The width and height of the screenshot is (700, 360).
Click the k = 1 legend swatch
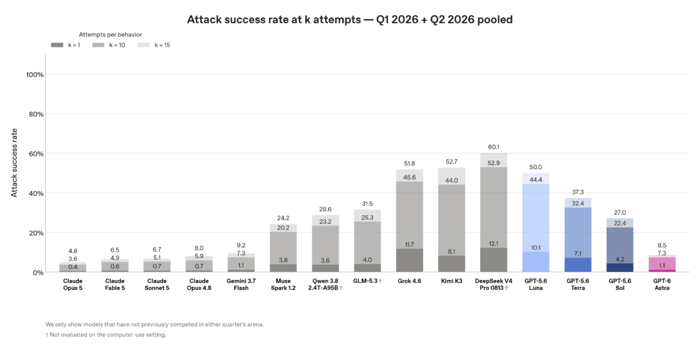click(57, 45)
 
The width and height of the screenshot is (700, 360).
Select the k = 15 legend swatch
click(143, 45)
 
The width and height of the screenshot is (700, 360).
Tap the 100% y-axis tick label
click(34, 75)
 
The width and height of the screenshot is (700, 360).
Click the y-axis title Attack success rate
click(14, 163)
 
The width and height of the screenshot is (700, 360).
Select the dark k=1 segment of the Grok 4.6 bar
click(409, 260)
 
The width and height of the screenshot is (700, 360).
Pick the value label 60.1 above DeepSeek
click(494, 147)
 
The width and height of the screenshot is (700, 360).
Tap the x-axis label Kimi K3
click(452, 281)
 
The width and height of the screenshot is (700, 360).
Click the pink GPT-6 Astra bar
click(662, 264)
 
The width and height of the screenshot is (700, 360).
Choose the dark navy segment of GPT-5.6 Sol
click(619, 267)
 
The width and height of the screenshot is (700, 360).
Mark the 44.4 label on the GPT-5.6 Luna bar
click(535, 180)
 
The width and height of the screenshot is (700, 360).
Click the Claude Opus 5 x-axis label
click(73, 284)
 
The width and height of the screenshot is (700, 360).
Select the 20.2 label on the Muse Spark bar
click(283, 228)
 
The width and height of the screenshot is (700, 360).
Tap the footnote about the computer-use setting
click(106, 335)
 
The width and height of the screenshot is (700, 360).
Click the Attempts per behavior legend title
click(110, 34)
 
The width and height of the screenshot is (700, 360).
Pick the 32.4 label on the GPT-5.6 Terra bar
click(577, 204)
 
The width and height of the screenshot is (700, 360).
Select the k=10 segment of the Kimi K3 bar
click(452, 220)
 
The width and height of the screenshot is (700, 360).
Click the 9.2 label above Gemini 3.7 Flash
click(241, 245)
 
